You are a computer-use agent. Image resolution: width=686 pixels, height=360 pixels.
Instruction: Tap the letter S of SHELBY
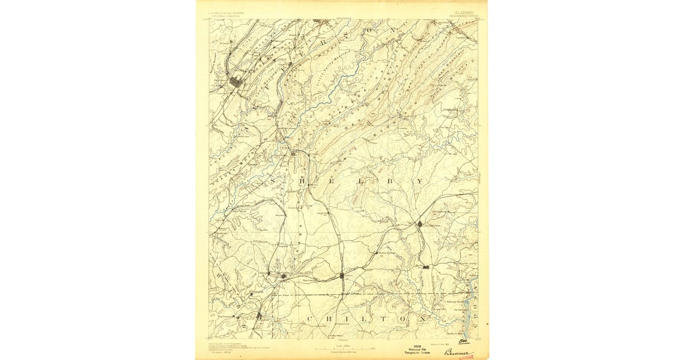pos(273,181)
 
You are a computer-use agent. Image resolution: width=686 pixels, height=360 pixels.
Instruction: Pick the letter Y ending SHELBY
pos(420,181)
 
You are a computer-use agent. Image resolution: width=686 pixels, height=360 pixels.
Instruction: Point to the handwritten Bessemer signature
pos(458,353)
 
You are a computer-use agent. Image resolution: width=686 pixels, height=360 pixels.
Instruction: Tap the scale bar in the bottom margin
pos(342,348)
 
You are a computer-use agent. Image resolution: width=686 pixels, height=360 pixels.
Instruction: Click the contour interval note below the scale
pos(342,352)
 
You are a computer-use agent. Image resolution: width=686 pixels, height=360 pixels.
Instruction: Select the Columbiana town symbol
pos(420,225)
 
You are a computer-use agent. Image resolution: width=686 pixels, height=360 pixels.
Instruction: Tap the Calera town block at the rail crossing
pos(342,275)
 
